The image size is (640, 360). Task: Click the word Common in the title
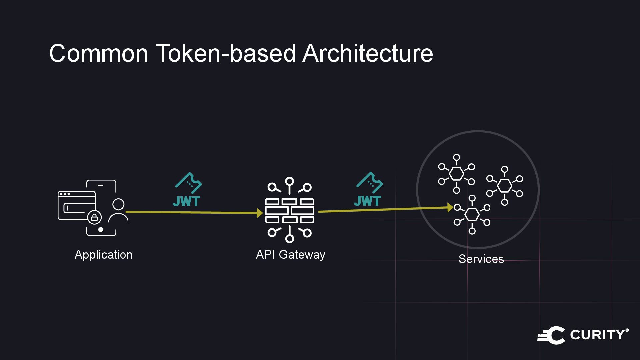(x=99, y=53)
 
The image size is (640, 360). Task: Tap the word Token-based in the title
(x=226, y=53)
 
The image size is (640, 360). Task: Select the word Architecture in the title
(x=367, y=53)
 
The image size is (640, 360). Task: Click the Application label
(x=103, y=255)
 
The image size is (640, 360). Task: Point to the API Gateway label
(x=290, y=255)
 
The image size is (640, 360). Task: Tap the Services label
(x=481, y=259)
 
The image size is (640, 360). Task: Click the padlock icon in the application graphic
(x=94, y=218)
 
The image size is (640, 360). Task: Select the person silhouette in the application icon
(x=118, y=211)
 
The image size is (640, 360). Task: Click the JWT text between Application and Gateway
(x=186, y=201)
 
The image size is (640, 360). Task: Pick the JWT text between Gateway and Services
(x=367, y=201)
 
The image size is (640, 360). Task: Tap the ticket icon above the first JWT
(x=189, y=183)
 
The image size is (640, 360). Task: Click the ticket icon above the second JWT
(x=370, y=182)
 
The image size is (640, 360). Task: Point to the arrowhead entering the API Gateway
(x=260, y=213)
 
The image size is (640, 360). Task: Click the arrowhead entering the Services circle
(x=450, y=208)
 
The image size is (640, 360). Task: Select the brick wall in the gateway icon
(x=289, y=211)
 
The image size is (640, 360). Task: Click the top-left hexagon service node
(x=456, y=174)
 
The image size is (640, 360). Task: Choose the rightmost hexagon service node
(x=504, y=185)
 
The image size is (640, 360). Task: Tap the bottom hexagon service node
(x=472, y=215)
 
